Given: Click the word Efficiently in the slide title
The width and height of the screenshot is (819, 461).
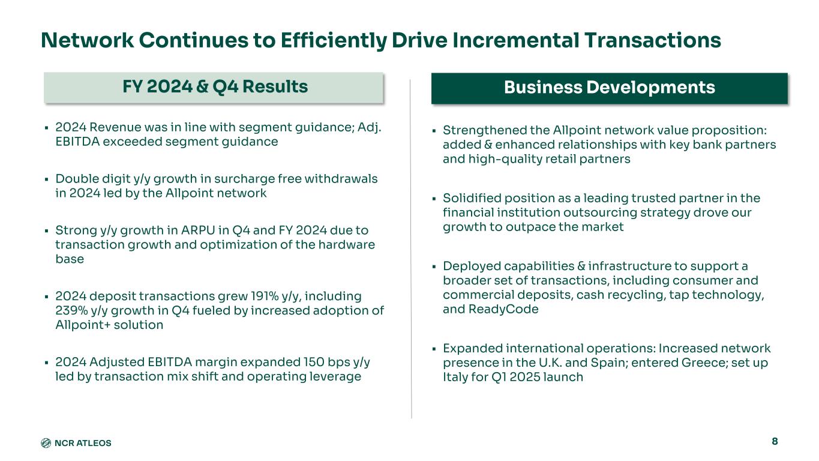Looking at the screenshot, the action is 333,41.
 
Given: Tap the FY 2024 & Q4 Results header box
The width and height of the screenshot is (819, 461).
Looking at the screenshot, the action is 214,88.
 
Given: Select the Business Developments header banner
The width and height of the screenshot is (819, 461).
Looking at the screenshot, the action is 610,88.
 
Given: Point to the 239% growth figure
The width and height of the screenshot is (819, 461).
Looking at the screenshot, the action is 71,310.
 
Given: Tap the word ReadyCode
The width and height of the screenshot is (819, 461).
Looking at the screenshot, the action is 503,310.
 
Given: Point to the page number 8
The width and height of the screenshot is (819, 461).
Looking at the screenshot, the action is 775,441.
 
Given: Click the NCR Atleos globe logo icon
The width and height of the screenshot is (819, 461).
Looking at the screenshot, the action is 46,443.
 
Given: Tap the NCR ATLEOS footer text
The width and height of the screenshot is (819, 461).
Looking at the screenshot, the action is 83,443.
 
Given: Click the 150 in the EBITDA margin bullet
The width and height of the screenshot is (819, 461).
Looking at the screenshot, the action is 314,362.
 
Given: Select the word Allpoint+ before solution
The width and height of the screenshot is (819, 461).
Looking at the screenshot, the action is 83,325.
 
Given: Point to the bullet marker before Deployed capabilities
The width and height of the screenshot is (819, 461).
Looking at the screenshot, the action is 434,267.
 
